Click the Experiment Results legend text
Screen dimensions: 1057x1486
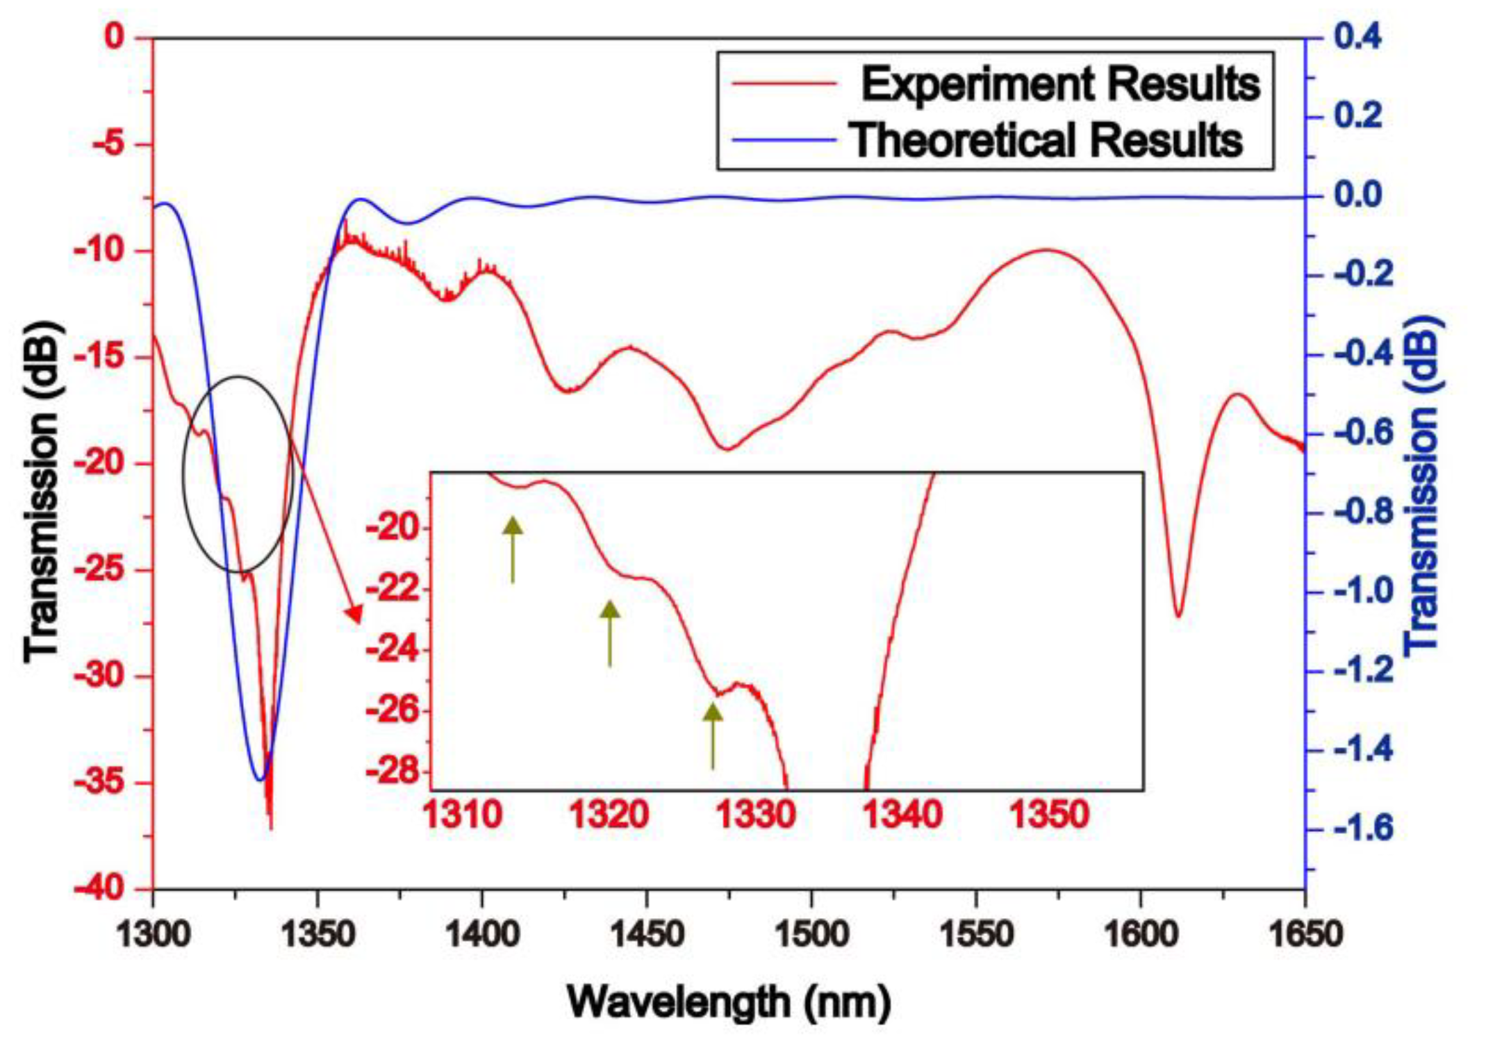point(1059,85)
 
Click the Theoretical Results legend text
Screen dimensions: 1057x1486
point(1046,140)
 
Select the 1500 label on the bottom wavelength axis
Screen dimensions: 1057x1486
point(811,934)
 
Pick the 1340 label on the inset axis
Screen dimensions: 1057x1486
point(902,814)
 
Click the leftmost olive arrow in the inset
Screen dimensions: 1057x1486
point(513,549)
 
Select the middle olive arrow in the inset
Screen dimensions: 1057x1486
point(610,632)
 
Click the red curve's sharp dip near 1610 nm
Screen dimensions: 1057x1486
point(1178,615)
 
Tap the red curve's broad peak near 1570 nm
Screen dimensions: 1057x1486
point(1048,250)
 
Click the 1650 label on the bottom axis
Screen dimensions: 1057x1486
point(1305,934)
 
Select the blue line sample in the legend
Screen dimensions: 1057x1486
point(784,140)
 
